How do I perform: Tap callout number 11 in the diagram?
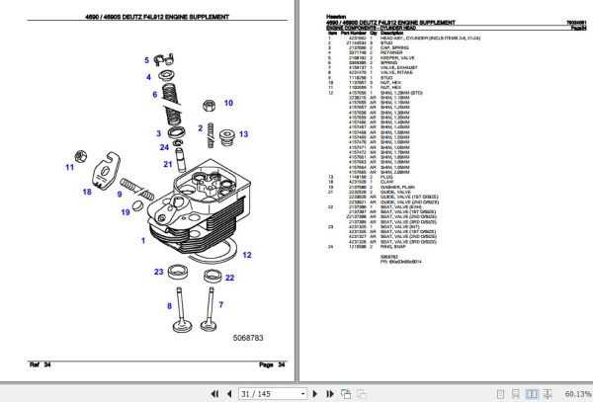pyautogui.click(x=70, y=168)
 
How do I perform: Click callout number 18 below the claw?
pyautogui.click(x=86, y=194)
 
